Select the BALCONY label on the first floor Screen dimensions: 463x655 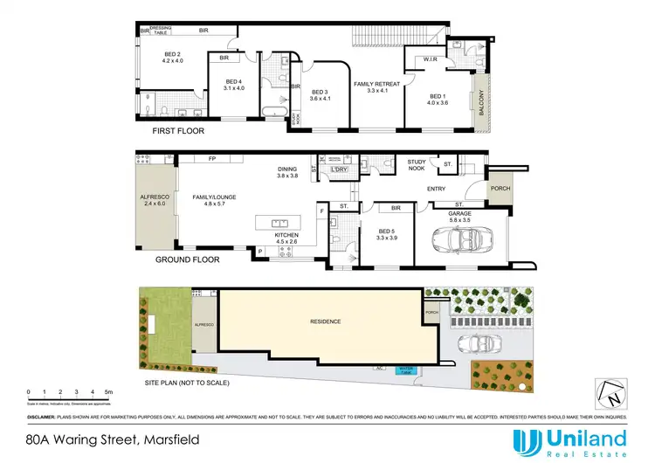coord(479,106)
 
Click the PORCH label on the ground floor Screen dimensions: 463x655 coord(500,189)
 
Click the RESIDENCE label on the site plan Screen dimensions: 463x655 coord(326,321)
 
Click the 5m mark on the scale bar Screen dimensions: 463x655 coord(108,391)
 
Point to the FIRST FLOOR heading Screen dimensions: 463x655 coord(179,131)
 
